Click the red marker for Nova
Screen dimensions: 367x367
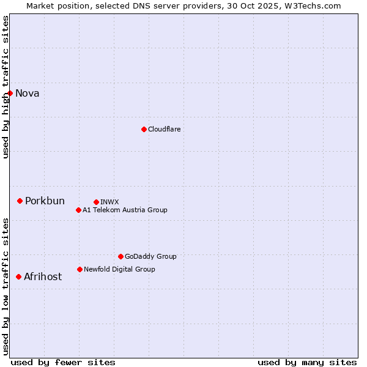click(x=10, y=93)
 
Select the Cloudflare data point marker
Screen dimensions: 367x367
click(x=144, y=129)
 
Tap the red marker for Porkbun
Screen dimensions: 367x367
click(x=20, y=201)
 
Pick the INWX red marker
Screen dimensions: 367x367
click(x=96, y=202)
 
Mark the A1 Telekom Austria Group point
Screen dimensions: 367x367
click(x=78, y=210)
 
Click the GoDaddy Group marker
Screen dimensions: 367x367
click(x=120, y=256)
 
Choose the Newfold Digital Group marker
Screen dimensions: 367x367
click(x=80, y=269)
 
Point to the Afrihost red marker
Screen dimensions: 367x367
click(x=18, y=276)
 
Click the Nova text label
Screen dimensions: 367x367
click(x=28, y=93)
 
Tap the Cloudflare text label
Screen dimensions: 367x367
click(x=165, y=129)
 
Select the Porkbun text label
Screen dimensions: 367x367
click(x=45, y=201)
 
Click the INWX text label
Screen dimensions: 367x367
click(x=109, y=202)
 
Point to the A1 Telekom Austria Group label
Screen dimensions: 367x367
click(x=125, y=210)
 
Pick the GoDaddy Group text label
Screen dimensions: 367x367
click(x=150, y=256)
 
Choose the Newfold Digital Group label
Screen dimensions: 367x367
click(x=119, y=269)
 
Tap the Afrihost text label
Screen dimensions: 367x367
click(x=43, y=276)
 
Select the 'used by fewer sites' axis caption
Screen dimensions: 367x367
click(x=63, y=362)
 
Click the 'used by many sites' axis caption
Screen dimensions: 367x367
click(x=307, y=362)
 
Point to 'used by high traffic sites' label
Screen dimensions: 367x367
click(x=6, y=87)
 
